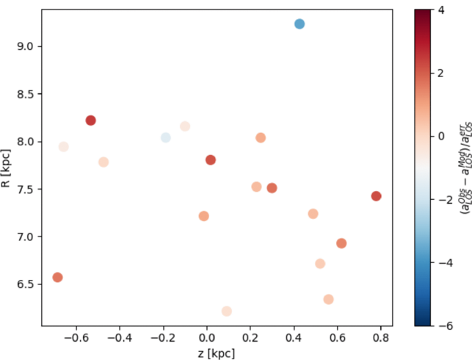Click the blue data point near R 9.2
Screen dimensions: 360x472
[x=299, y=24]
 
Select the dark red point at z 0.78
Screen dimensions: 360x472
[x=377, y=196]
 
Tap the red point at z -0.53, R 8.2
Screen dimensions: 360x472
[x=91, y=120]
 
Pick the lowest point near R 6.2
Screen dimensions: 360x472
[x=227, y=312]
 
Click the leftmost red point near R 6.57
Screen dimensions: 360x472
[x=58, y=277]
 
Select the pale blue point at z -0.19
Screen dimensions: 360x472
[x=166, y=137]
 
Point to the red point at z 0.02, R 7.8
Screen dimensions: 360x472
[x=211, y=160]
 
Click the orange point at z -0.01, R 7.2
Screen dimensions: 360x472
[x=204, y=216]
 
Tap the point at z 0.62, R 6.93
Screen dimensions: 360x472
[x=341, y=243]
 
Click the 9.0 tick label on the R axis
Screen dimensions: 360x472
[x=24, y=46]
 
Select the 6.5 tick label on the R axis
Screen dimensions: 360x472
[x=24, y=284]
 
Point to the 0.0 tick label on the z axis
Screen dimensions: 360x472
[x=206, y=339]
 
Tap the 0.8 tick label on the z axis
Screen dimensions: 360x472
[x=381, y=339]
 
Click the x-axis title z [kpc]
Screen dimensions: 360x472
[x=216, y=353]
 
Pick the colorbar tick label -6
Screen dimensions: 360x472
[x=444, y=325]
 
